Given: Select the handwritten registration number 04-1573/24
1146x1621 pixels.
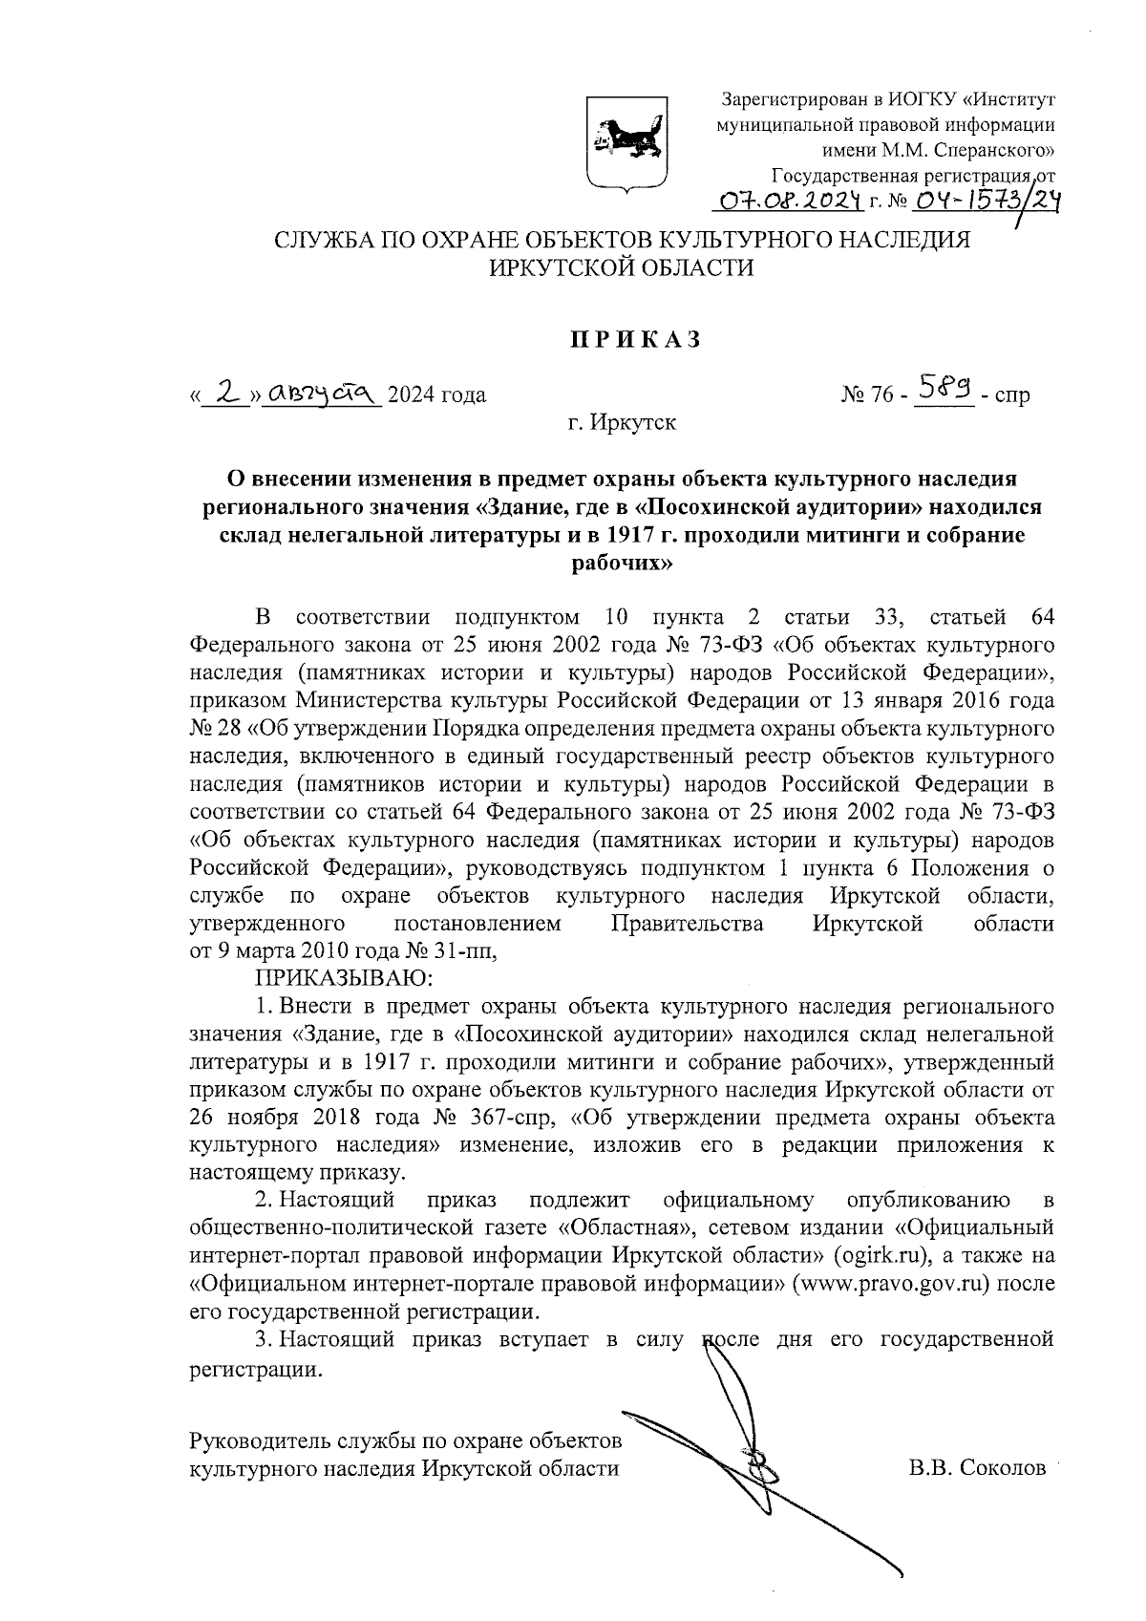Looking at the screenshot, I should (x=975, y=200).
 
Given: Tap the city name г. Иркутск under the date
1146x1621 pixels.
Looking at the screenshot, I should (x=622, y=422).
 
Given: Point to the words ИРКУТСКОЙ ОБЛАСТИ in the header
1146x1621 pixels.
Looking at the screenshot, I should (x=622, y=268).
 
